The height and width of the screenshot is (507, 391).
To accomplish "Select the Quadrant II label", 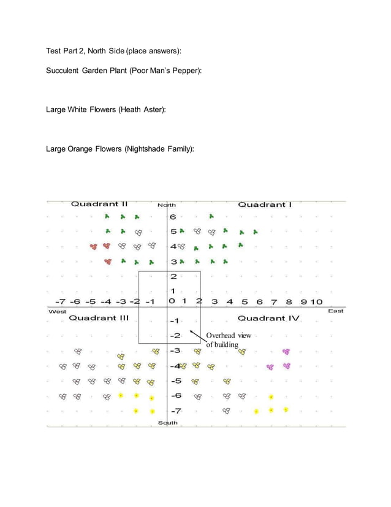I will tap(99, 204).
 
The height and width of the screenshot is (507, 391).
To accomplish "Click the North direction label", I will tap(167, 205).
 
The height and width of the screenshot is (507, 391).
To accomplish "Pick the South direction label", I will tap(167, 423).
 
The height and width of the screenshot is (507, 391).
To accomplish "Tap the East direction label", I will tap(335, 311).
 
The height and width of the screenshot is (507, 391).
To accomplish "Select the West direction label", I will tap(57, 312).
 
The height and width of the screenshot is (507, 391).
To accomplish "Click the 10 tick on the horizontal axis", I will tap(316, 301).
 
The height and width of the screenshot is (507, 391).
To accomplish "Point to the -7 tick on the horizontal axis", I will tap(60, 301).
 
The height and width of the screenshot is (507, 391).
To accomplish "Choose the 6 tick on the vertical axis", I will tap(173, 217).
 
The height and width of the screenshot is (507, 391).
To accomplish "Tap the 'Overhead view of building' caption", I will tap(227, 340).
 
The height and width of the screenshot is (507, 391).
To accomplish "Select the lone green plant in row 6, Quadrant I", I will tap(211, 216).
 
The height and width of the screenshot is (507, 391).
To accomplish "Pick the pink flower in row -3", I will tap(286, 352).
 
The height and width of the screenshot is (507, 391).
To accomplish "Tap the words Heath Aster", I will tap(142, 109).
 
